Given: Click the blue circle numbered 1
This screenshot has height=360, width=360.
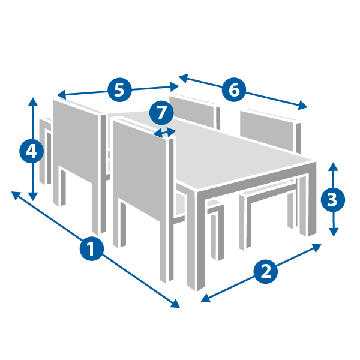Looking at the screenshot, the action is pos(92,248).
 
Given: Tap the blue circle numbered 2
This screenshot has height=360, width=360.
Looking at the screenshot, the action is pos(266,272).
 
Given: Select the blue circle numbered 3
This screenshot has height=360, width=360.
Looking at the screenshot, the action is pos(332,200).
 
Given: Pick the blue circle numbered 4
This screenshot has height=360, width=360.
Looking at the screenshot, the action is pos(31,151).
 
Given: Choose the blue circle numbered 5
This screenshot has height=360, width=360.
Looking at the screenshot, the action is pos(119,90).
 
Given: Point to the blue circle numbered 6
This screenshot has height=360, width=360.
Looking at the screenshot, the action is pos(234,90).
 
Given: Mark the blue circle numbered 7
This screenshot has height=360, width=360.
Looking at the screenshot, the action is pos(161,113).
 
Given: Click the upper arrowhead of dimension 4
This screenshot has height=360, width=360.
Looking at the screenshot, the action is pos(33,102).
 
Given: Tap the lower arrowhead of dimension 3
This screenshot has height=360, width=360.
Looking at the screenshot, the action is pos(334,232).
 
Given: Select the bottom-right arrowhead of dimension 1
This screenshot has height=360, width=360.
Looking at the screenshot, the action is pos(176,304).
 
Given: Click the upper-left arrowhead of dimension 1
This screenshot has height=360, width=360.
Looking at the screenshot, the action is pos(16,196).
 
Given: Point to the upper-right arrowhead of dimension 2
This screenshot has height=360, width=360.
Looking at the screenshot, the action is pos(317,247).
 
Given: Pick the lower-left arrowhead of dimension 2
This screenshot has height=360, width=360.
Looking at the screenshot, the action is pos(205,298).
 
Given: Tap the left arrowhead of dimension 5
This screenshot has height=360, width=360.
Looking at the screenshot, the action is pos(61,94).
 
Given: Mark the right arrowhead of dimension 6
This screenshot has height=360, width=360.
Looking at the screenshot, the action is pos(303,106).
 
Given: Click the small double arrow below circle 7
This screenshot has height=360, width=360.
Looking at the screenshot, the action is pos(164,133).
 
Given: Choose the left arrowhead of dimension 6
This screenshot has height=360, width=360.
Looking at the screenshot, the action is pos(183,78).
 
